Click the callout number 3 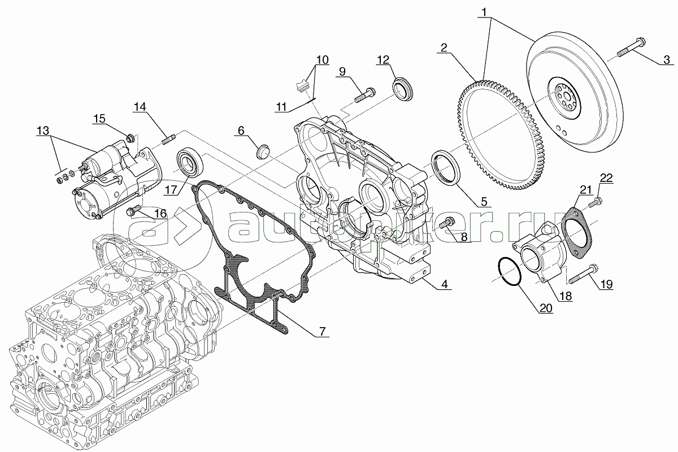pyautogui.click(x=667, y=59)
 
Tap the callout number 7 pyautogui.click(x=321, y=332)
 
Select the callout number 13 pyautogui.click(x=43, y=131)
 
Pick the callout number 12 pyautogui.click(x=383, y=59)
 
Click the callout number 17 pyautogui.click(x=171, y=190)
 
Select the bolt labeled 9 pyautogui.click(x=363, y=94)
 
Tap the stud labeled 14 pyautogui.click(x=169, y=137)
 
